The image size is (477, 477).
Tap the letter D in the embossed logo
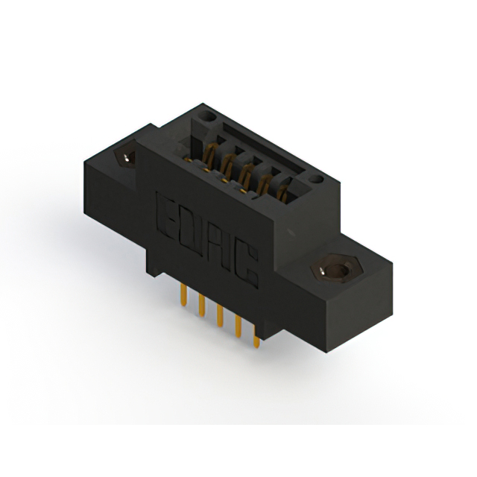(x=191, y=227)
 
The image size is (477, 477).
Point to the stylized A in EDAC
(x=219, y=247)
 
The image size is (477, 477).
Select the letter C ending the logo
(x=247, y=267)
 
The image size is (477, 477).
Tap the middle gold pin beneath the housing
(x=220, y=317)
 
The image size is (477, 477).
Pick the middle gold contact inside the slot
(x=244, y=176)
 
